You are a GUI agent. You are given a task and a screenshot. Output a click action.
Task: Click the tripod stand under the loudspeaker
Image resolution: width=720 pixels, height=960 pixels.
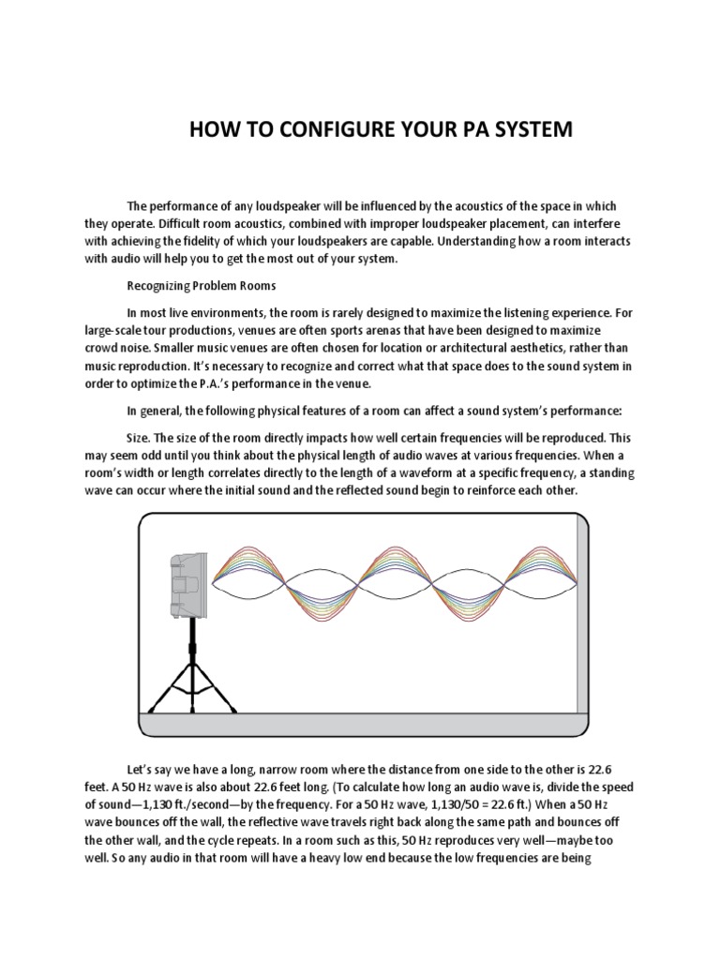coord(193,675)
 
